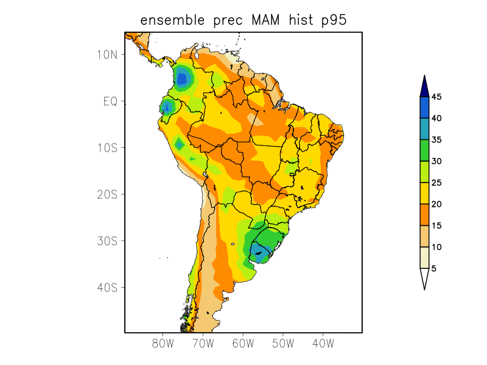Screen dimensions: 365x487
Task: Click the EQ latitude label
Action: [x=110, y=101]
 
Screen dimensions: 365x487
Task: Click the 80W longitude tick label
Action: [x=163, y=343]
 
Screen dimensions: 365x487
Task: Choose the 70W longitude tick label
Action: [x=203, y=343]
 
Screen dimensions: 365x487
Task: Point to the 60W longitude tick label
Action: [x=243, y=343]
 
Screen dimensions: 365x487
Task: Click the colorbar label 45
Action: [x=436, y=97]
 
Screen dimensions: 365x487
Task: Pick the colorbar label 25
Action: [x=436, y=182]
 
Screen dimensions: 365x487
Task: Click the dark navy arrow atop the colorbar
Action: [x=424, y=86]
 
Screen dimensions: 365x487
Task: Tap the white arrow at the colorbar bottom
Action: [x=424, y=278]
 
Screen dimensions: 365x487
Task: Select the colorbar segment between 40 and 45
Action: [x=424, y=108]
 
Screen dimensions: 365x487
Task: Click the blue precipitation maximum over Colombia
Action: [x=181, y=78]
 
